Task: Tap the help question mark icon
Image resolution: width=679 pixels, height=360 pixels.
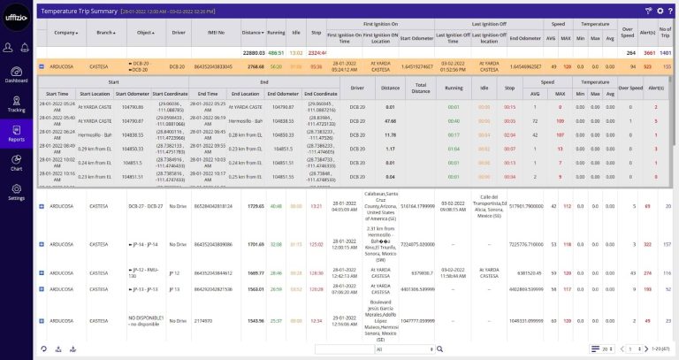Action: pyautogui.click(x=669, y=11)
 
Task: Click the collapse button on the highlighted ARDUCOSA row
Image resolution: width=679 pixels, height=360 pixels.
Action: pyautogui.click(x=42, y=66)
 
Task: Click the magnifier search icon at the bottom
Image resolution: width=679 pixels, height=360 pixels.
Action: pyautogui.click(x=439, y=349)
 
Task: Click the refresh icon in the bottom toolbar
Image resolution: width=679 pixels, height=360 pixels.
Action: pyautogui.click(x=43, y=349)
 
